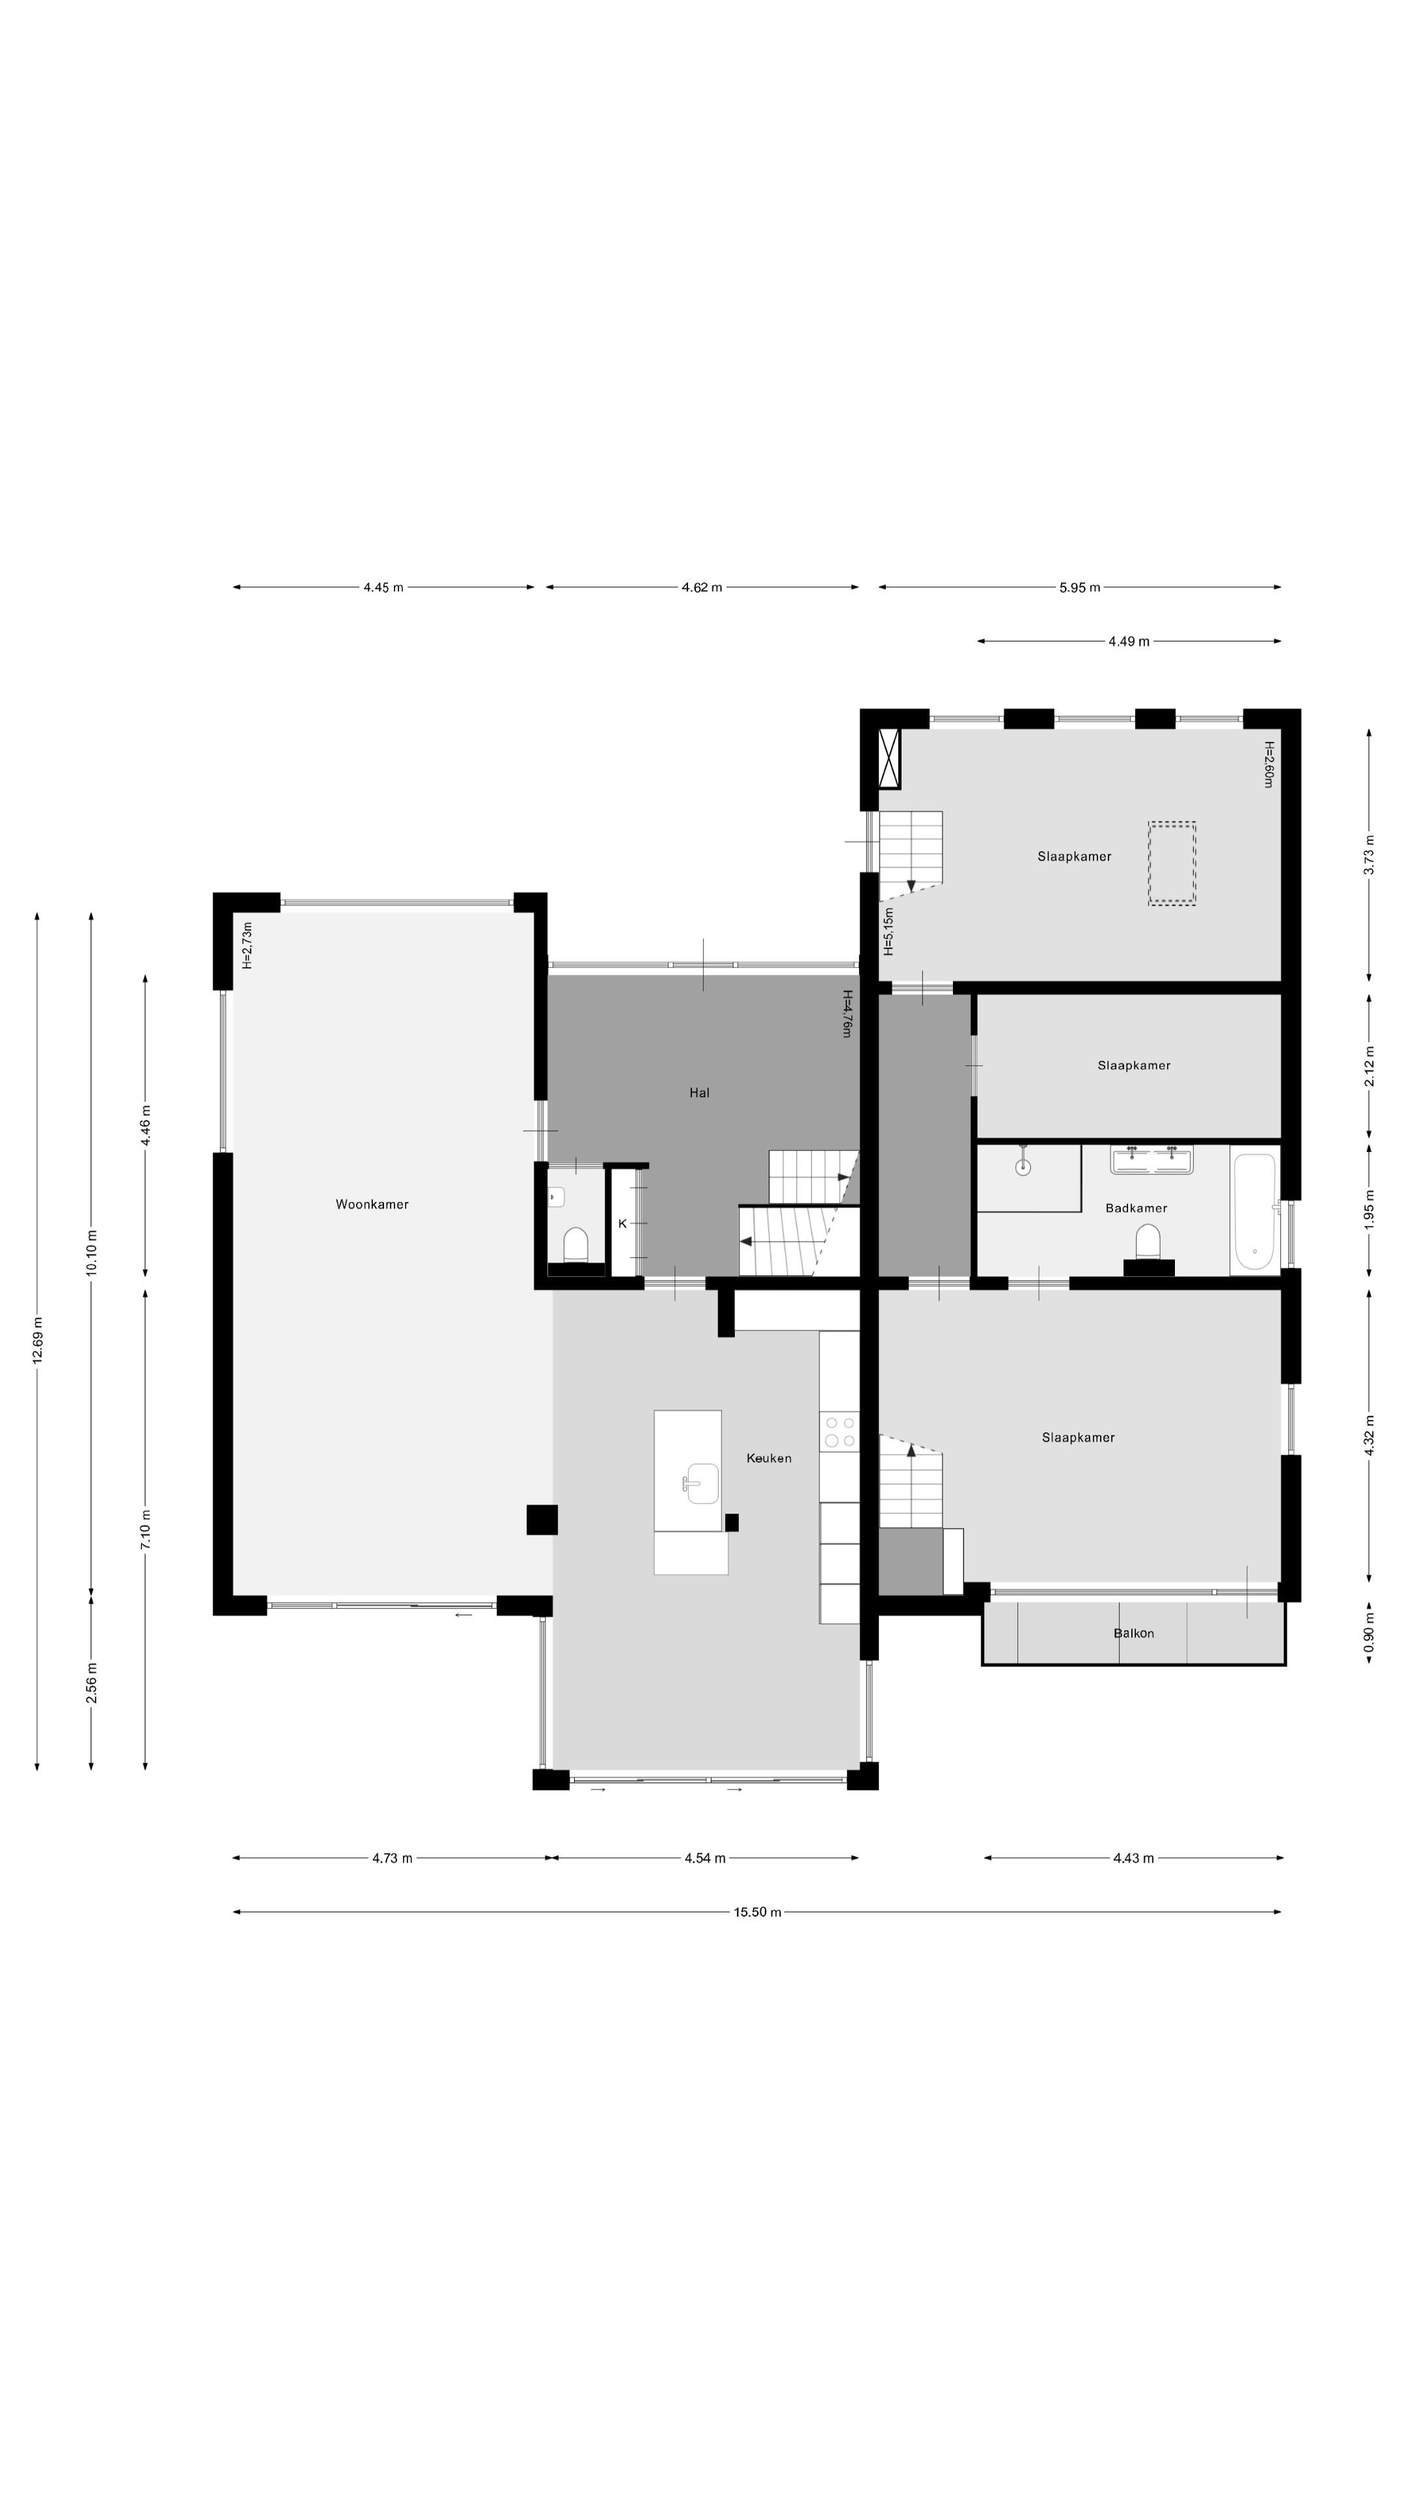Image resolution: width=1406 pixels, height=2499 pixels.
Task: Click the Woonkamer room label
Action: [372, 1204]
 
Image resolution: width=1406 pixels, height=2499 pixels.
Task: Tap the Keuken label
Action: [769, 1458]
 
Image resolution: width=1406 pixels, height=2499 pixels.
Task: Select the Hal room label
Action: [700, 1093]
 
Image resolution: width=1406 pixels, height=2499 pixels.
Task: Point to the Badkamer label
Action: [1137, 1208]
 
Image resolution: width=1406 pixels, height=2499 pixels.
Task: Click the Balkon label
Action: [1133, 1633]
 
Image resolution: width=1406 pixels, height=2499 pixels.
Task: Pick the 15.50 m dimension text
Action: [758, 1912]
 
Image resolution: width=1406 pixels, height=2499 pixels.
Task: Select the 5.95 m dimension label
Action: [1080, 587]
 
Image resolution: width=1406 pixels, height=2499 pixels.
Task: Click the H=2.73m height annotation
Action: [247, 945]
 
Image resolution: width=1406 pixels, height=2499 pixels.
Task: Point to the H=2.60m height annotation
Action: [1268, 765]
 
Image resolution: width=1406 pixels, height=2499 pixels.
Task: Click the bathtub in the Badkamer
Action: [1254, 1212]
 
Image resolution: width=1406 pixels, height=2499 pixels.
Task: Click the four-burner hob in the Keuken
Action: [839, 1432]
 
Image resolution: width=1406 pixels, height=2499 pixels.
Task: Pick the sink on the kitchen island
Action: [700, 1482]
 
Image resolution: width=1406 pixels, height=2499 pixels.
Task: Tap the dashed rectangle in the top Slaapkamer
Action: [1171, 864]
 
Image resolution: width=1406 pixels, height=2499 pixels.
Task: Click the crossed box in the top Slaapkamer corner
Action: [889, 758]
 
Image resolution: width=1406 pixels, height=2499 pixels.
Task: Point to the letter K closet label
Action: [622, 1223]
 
